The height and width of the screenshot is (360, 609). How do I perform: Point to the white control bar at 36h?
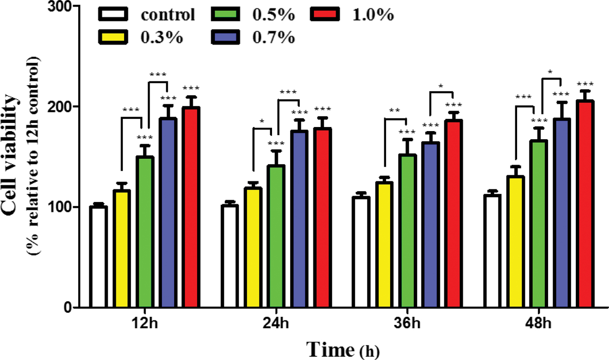coord(362,253)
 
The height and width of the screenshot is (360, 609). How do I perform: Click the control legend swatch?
coord(113,15)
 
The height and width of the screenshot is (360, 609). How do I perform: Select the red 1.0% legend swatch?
coord(325,15)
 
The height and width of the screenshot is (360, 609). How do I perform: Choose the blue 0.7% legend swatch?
coord(226,36)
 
